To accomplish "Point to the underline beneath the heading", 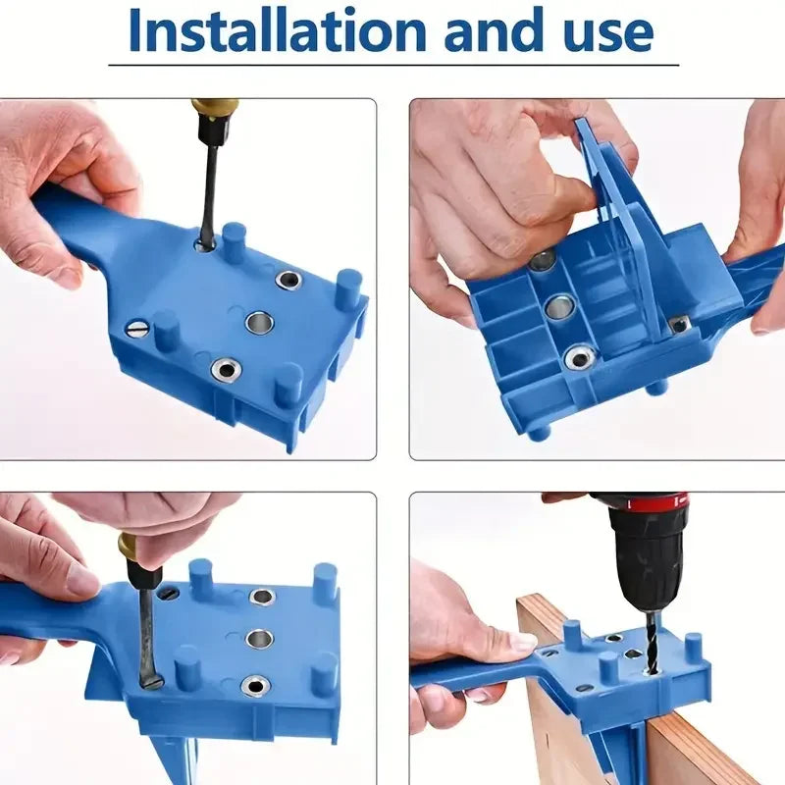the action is pyautogui.click(x=393, y=65).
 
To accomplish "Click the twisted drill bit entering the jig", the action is pyautogui.click(x=653, y=644).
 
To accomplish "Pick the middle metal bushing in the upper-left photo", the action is pyautogui.click(x=259, y=323).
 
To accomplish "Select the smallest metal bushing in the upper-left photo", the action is pyautogui.click(x=288, y=280).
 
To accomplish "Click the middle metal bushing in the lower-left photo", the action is pyautogui.click(x=260, y=640).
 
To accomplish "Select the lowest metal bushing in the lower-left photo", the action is pyautogui.click(x=255, y=685).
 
